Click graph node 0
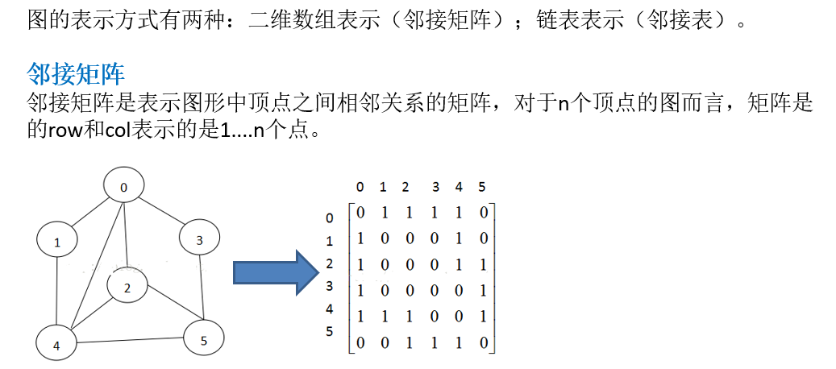(123, 188)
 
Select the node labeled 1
(57, 241)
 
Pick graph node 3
(199, 239)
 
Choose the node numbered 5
(203, 341)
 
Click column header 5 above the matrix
(481, 188)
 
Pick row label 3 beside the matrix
(329, 285)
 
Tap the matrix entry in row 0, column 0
(360, 214)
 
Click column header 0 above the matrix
(360, 188)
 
